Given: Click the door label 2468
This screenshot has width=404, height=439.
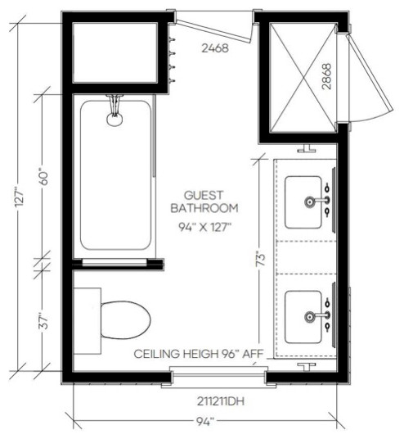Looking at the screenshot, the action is [215, 48].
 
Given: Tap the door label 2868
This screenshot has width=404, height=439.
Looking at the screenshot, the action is [326, 76].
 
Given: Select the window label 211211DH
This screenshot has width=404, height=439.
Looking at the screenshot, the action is [221, 401].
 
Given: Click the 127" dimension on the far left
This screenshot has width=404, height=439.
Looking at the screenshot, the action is [20, 198].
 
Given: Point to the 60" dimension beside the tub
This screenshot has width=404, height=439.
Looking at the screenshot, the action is [44, 176].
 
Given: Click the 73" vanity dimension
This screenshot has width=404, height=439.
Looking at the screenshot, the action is [261, 260].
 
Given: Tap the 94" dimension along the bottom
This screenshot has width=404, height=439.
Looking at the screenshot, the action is [204, 422].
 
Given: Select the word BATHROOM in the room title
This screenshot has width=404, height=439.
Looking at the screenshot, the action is [204, 208].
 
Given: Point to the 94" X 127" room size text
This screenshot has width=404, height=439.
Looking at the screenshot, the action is [205, 227].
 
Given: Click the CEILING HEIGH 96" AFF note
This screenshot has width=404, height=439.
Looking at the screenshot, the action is [199, 354].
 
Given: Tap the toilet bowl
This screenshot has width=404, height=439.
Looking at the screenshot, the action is [126, 320].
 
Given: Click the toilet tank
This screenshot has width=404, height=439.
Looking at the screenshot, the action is [88, 321].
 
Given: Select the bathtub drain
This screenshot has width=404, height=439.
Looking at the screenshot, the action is [114, 120].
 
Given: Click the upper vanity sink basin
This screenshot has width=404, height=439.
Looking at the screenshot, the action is [303, 201].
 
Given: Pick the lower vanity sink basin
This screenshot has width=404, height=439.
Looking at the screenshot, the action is [303, 317].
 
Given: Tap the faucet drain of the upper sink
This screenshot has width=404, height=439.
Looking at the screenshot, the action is [309, 201].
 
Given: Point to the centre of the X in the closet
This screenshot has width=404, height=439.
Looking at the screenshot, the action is [303, 78].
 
